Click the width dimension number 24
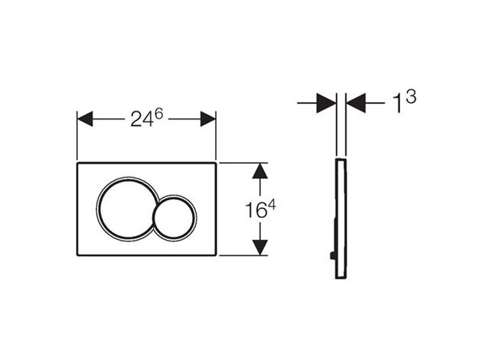point(142,119)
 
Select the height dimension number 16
point(256,211)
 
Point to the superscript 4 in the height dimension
point(272,205)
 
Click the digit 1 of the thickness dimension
point(397,103)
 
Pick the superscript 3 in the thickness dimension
point(411,97)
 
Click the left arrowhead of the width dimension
point(85,119)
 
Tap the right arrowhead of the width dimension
point(208,119)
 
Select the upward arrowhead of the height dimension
point(260,171)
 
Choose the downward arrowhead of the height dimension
point(260,247)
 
